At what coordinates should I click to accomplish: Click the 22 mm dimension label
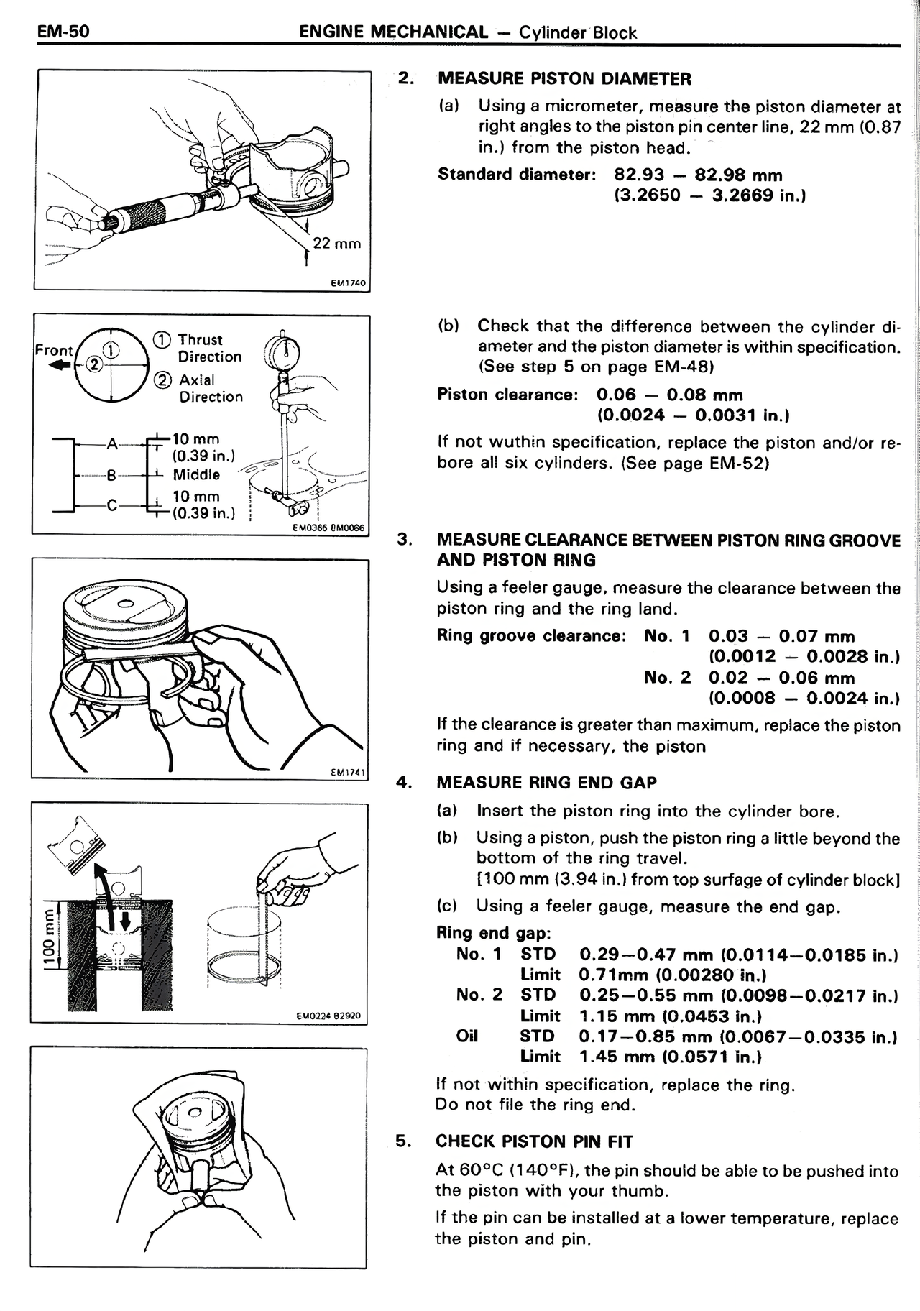coord(336,243)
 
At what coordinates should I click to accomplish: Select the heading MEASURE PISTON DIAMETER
coord(564,78)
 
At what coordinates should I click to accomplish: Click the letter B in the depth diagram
coord(111,475)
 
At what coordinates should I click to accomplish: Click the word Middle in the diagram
coord(196,475)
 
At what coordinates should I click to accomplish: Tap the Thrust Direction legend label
coord(209,348)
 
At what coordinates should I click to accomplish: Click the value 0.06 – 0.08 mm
coord(669,395)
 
